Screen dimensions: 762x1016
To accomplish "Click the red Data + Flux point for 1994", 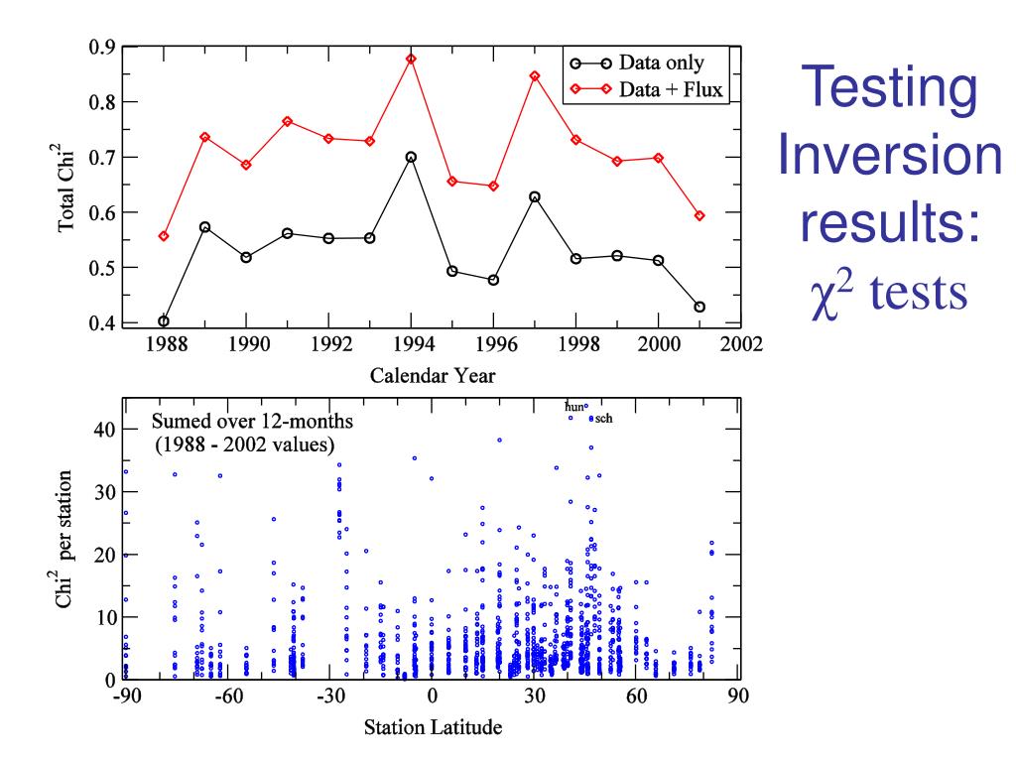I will [x=411, y=59].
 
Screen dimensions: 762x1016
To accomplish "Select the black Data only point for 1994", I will [x=411, y=157].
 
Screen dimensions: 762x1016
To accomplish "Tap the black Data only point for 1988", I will [x=164, y=321].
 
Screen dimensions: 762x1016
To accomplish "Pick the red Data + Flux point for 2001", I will [x=699, y=215].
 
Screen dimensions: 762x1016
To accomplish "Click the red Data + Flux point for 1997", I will [x=535, y=76].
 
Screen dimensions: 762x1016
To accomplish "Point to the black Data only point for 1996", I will [x=493, y=280].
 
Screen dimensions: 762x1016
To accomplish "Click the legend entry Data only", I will [x=661, y=63].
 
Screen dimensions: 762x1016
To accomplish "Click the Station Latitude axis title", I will [x=432, y=728].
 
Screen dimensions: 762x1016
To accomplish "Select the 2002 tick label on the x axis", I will [x=740, y=347].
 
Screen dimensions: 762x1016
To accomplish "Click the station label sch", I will [x=603, y=419].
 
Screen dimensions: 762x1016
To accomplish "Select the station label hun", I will [x=574, y=407].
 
